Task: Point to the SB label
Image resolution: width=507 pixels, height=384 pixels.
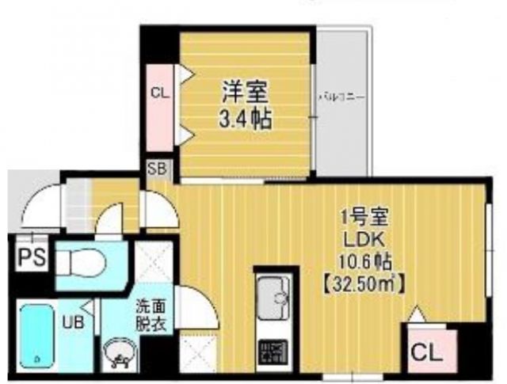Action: point(156,169)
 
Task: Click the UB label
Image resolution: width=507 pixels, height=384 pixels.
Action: point(71,321)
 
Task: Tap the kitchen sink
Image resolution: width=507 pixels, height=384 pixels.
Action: point(274,298)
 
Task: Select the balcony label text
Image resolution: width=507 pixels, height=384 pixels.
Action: point(341,97)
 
